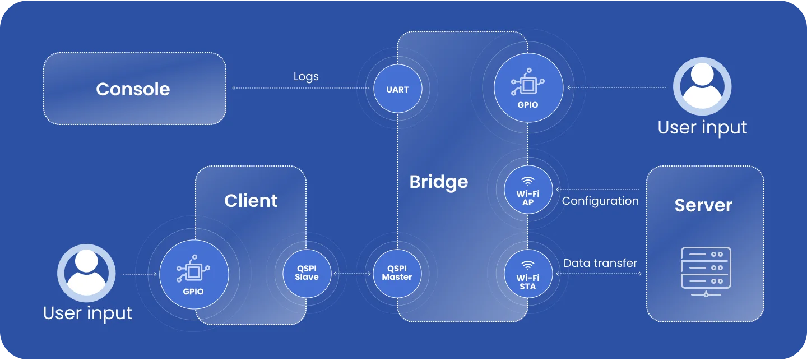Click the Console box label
point(133,89)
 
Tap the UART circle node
point(397,89)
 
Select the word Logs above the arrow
point(306,76)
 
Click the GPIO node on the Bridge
point(527,87)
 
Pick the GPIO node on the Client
point(193,274)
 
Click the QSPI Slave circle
point(307,274)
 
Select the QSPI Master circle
point(397,274)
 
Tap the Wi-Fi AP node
point(528,190)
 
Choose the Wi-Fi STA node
point(528,274)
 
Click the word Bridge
point(438,182)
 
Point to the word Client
point(251,201)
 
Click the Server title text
point(703,205)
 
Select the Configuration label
point(600,201)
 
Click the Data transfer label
point(600,263)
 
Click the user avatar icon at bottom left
point(86,273)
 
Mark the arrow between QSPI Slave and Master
point(353,274)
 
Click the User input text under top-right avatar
point(702,127)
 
